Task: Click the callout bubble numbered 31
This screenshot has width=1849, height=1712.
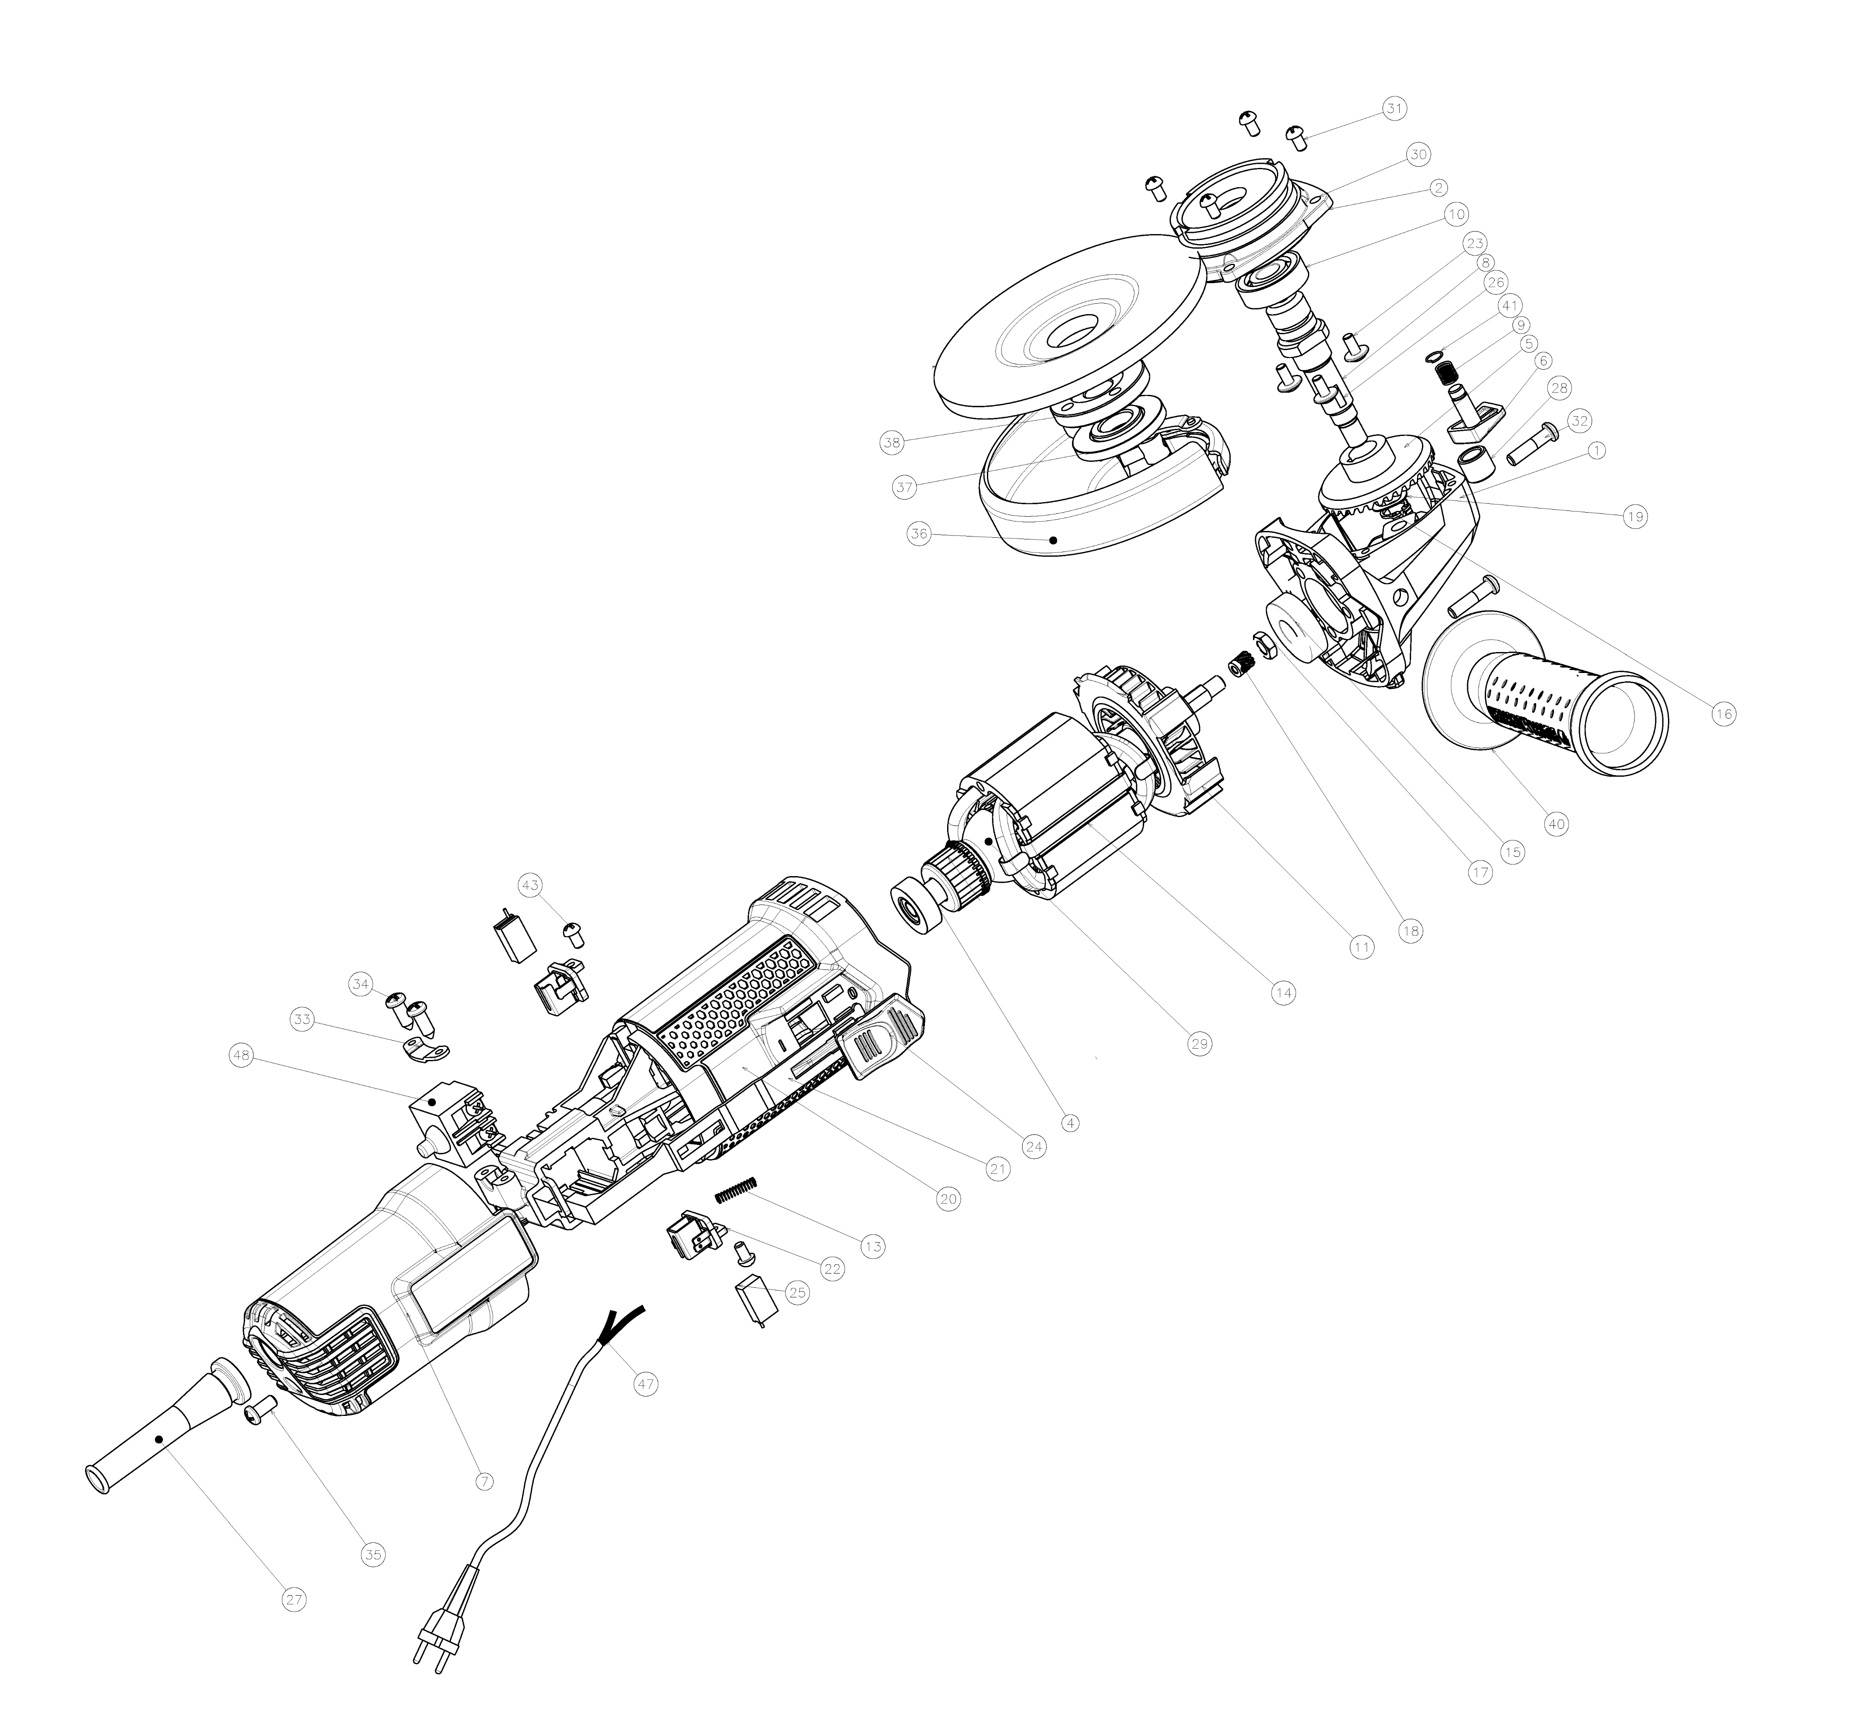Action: [1394, 108]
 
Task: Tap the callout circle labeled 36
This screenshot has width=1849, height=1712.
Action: [919, 534]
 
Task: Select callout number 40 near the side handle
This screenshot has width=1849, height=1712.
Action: [1557, 824]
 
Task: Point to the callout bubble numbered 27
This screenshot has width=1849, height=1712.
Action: [294, 1599]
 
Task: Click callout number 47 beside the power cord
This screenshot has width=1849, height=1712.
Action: [645, 1384]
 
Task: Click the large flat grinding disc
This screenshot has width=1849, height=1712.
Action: [1066, 320]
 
